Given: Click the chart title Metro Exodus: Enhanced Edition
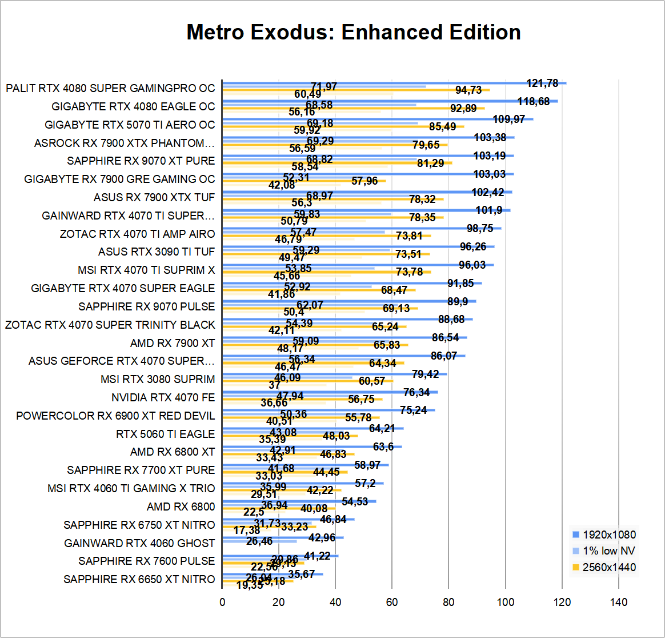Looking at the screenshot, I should point(354,32).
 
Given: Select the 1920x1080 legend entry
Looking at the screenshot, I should point(610,535).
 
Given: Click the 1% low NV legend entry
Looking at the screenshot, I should point(609,551).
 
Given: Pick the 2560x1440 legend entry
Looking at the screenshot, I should point(610,567).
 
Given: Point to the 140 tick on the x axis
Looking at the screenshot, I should point(619,602).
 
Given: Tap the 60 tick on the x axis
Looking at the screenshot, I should point(392,602).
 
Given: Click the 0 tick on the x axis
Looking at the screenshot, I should point(222,602).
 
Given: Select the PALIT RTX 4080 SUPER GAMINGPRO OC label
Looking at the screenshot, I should point(110,88).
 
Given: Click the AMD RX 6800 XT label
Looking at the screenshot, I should point(173,452).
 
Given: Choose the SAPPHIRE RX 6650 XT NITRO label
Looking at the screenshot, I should point(139,579).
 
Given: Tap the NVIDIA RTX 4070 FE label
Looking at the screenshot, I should point(163,397).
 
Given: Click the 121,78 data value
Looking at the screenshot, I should point(542,83).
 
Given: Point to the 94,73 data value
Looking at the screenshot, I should point(468,90).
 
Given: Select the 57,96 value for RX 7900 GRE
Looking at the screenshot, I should point(365,181).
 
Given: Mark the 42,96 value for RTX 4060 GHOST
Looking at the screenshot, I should point(322,537).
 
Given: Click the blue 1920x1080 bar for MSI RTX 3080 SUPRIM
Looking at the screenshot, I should point(334,373).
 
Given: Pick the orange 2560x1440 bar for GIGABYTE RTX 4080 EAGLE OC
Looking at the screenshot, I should point(353,108).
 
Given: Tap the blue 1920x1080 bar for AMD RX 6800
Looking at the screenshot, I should point(299,501).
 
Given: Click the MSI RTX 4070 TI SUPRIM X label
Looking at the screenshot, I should point(146,270).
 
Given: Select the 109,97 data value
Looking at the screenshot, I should point(508,119).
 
